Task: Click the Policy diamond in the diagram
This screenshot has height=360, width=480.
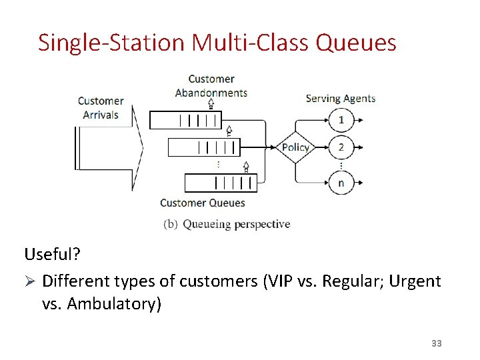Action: tap(295, 147)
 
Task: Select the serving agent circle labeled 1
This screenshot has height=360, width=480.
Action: tap(341, 120)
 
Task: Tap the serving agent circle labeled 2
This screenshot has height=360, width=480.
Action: tap(341, 147)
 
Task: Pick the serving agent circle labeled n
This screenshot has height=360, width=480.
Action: tap(341, 181)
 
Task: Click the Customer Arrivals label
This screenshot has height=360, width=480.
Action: tap(101, 108)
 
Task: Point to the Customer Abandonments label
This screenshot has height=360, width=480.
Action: tap(211, 86)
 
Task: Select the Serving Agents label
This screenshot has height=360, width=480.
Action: tap(340, 99)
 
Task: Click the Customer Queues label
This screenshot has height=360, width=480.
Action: tap(203, 203)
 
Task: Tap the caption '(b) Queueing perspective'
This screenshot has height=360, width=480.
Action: tap(227, 224)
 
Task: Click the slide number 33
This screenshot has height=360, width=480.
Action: tap(437, 343)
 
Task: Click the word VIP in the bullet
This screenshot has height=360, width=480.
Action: tap(277, 281)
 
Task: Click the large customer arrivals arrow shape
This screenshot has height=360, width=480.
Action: tap(110, 147)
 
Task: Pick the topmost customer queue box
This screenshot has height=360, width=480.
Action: tap(185, 120)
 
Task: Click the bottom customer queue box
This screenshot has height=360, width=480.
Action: tap(220, 181)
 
